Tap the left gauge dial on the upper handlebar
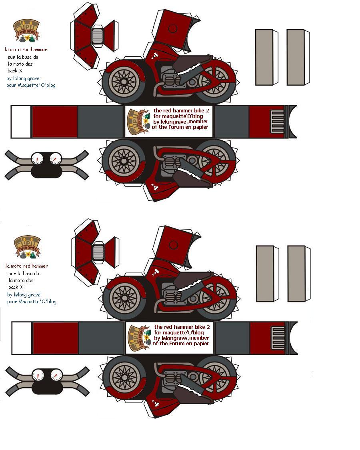click(37, 159)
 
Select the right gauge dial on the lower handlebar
click(56, 375)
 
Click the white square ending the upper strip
click(21, 122)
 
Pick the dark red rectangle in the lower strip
click(56, 338)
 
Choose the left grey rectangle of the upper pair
click(264, 57)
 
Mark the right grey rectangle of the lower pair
click(296, 274)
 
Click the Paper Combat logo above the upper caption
click(27, 30)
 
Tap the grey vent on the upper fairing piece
click(98, 36)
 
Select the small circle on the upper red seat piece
click(173, 28)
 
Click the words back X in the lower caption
click(16, 287)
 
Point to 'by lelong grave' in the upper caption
click(23, 78)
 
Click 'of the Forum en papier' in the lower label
click(181, 343)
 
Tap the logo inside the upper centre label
click(139, 122)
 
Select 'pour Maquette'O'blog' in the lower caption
click(32, 302)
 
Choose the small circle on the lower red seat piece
click(174, 244)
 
